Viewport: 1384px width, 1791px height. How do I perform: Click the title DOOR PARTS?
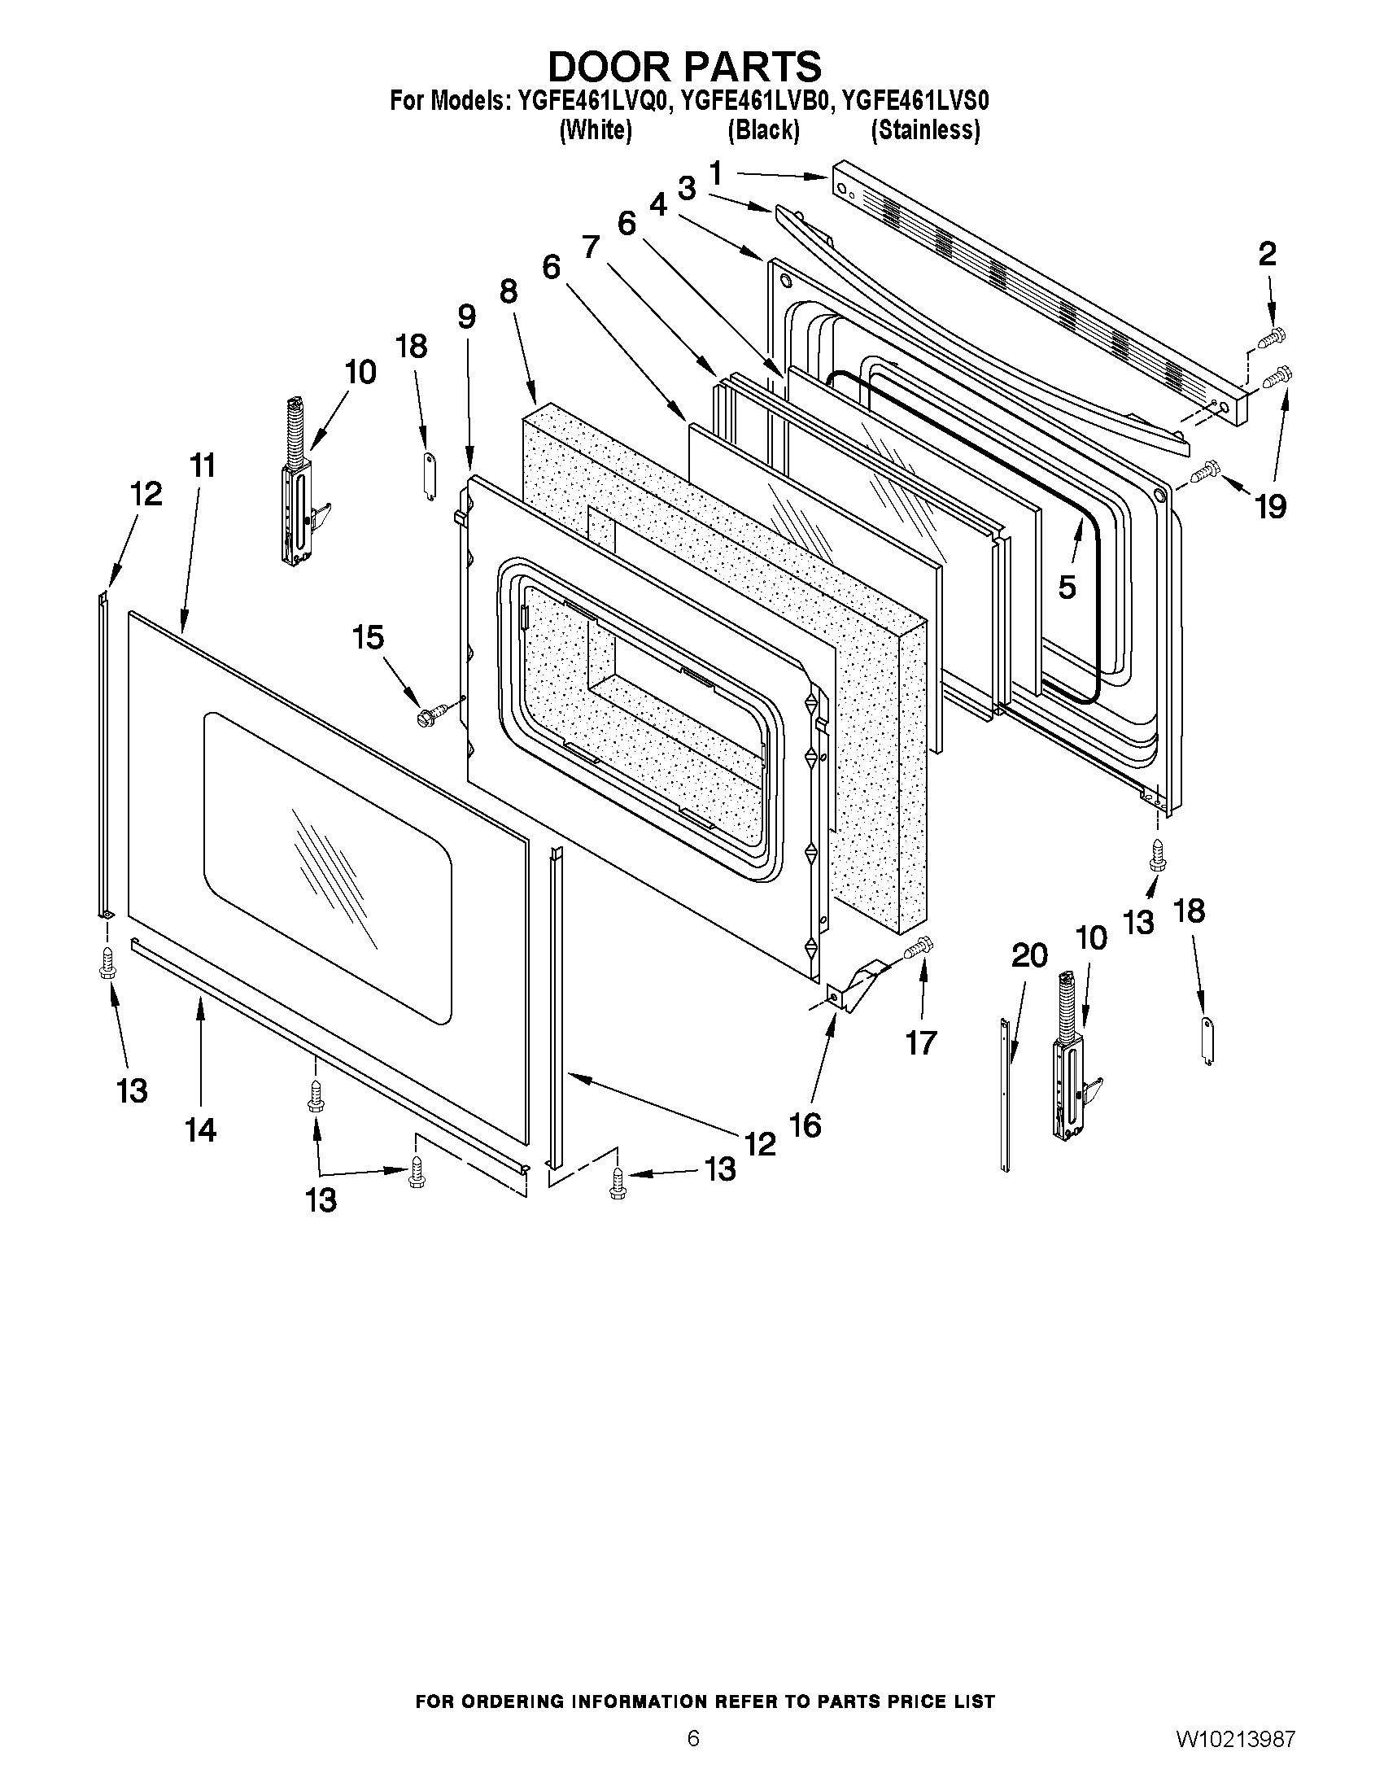click(683, 66)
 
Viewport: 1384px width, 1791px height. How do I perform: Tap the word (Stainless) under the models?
click(925, 130)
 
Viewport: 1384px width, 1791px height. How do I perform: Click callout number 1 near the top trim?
click(715, 174)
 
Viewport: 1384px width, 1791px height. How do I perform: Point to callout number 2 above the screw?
click(1267, 254)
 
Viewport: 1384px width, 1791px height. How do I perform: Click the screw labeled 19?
click(1206, 470)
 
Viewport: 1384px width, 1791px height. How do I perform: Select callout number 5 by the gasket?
click(1066, 588)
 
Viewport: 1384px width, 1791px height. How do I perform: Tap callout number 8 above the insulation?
click(508, 291)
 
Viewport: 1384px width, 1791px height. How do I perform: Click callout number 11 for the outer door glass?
click(203, 465)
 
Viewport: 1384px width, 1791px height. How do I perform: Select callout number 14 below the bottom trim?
click(200, 1130)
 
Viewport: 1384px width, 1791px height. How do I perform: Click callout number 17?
click(920, 1043)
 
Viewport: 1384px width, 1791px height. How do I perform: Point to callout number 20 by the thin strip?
click(1029, 955)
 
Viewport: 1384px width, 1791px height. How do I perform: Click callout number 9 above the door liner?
click(466, 316)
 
